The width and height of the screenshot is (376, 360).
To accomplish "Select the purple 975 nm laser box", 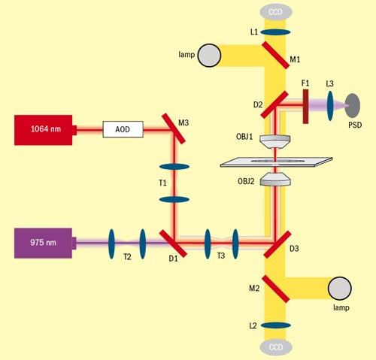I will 44,243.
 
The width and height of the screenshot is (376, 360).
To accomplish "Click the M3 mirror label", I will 184,113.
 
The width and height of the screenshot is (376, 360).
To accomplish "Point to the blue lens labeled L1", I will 275,32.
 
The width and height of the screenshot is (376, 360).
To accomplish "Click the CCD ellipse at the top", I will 276,12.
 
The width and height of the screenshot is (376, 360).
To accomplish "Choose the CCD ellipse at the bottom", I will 276,347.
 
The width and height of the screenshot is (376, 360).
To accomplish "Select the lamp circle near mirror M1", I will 210,56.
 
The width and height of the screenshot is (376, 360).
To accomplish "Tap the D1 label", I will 173,260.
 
